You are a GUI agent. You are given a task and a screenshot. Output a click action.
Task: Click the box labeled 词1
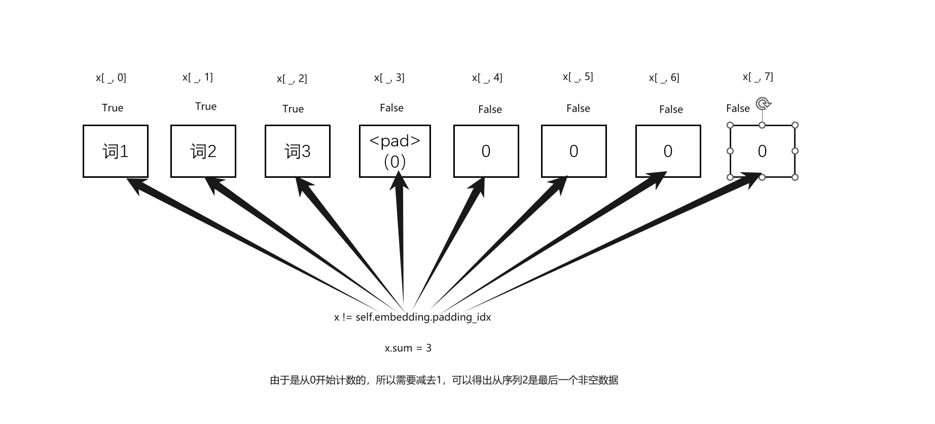(116, 151)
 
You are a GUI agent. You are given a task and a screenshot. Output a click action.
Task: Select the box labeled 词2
(203, 151)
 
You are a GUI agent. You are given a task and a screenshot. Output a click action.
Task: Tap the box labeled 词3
(298, 151)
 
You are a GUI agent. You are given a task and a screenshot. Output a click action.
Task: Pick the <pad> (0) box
(395, 151)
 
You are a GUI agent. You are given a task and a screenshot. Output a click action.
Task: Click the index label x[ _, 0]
(111, 78)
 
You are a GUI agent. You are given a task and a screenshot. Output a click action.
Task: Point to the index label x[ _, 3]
(389, 78)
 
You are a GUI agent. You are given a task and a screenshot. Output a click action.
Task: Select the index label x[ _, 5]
(578, 76)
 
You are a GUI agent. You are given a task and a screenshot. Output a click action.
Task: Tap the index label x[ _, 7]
(758, 76)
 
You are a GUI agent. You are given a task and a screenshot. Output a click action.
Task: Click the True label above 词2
(206, 106)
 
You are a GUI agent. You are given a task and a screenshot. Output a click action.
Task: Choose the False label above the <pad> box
(392, 108)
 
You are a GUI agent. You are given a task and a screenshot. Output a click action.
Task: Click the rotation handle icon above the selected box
(763, 104)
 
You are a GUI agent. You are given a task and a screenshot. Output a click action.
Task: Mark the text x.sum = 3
(408, 348)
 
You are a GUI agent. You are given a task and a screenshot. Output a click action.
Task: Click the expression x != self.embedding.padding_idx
(413, 317)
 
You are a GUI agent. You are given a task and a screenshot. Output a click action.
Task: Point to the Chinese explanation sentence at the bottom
(444, 380)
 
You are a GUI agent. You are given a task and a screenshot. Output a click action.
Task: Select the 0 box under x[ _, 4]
(486, 151)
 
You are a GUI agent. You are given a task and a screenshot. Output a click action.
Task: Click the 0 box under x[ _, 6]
(668, 151)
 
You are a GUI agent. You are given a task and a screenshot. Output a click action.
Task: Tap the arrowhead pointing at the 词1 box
(135, 184)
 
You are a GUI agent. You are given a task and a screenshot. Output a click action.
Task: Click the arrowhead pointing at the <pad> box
(399, 181)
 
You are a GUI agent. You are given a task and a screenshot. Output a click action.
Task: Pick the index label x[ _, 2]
(292, 79)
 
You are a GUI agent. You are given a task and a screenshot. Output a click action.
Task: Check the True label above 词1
(113, 108)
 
